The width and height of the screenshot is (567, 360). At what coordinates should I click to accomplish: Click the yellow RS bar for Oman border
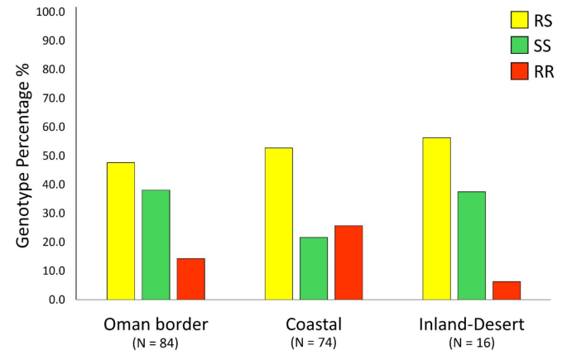[x=121, y=231]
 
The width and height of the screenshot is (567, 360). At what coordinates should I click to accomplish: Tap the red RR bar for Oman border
[x=190, y=279]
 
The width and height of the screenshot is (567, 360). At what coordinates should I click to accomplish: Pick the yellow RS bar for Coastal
[x=278, y=223]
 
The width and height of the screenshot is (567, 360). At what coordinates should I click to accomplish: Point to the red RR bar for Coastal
[x=348, y=262]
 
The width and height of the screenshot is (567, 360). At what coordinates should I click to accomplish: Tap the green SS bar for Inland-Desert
[x=471, y=246]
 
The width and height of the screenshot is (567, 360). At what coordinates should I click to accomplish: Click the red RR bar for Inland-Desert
[x=506, y=290]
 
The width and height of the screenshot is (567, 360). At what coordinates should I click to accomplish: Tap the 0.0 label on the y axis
[x=57, y=299]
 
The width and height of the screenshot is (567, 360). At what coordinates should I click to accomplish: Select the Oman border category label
[x=156, y=323]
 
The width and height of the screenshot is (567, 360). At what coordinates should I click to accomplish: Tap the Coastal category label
[x=313, y=323]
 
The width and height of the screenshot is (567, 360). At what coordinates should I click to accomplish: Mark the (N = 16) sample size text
[x=471, y=342]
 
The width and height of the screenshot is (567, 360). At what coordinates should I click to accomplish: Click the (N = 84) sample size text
[x=156, y=342]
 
